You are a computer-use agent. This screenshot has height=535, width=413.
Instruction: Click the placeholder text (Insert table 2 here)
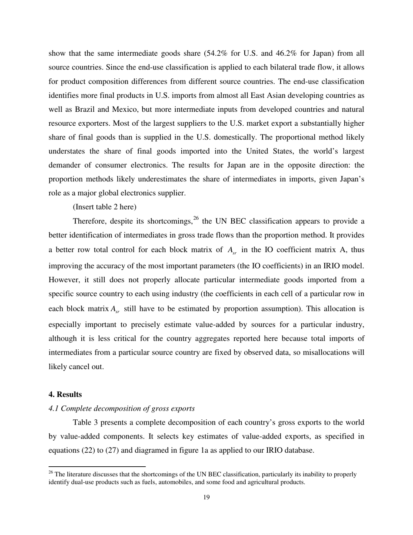(x=104, y=207)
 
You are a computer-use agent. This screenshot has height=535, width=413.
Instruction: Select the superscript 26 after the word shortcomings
(x=197, y=218)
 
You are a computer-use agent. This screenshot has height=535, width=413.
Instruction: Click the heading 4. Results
(x=65, y=395)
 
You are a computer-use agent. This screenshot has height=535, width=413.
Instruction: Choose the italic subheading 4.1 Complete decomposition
(x=121, y=408)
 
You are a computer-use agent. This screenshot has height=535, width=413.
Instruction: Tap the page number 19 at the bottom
(x=206, y=498)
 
